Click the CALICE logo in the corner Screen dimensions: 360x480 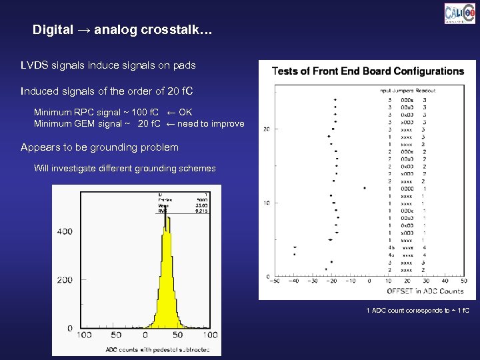[460, 14]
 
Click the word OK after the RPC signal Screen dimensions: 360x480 [185, 112]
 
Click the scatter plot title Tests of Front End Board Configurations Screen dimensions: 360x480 [368, 71]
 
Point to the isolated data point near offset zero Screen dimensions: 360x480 [365, 188]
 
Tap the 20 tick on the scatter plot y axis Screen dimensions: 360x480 [266, 129]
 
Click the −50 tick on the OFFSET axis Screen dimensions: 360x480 [273, 281]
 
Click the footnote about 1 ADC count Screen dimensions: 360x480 [418, 311]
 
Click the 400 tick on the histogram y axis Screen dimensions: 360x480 [65, 231]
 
